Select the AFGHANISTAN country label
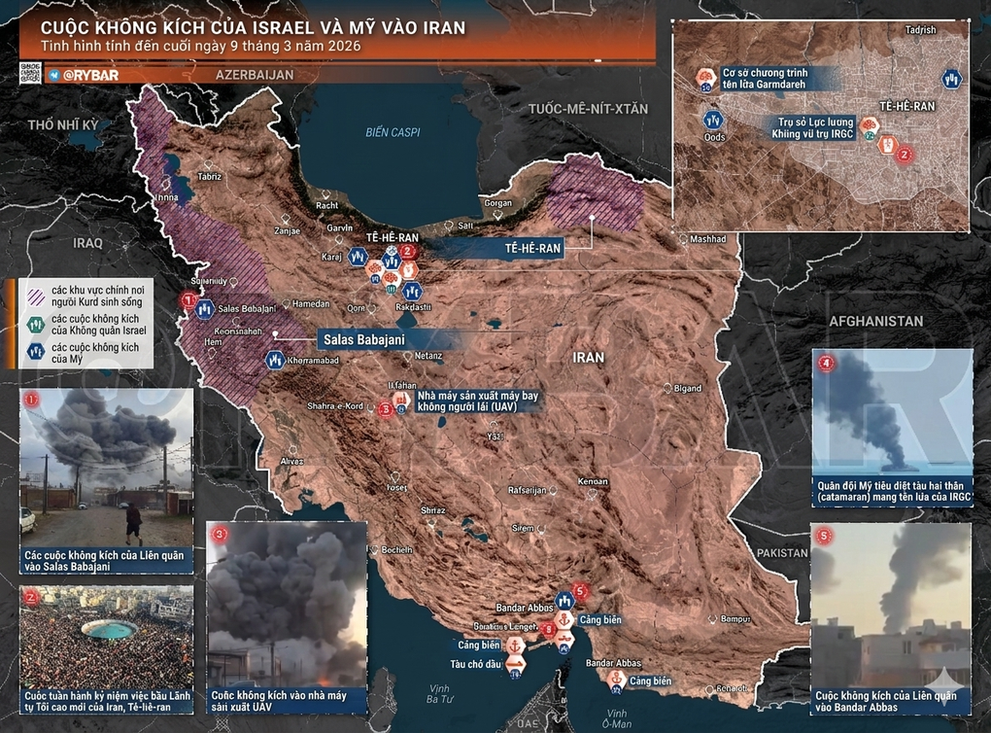click(874, 320)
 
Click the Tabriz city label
click(210, 177)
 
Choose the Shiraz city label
click(433, 509)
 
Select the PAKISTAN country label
click(781, 552)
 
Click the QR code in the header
click(29, 74)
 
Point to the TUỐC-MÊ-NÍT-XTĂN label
click(587, 109)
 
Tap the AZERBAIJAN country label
click(254, 75)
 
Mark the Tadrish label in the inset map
click(919, 30)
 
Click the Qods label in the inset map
click(714, 137)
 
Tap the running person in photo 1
click(134, 523)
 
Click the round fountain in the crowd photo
click(108, 630)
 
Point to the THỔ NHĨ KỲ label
click(64, 125)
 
